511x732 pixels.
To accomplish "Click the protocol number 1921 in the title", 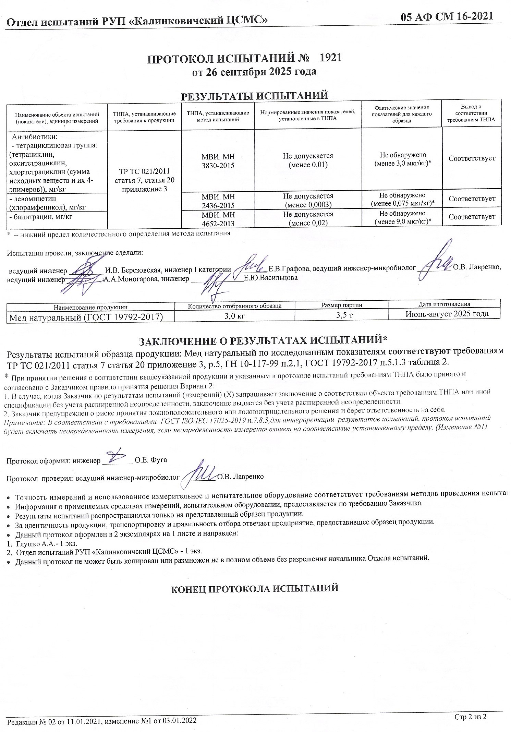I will pos(330,58).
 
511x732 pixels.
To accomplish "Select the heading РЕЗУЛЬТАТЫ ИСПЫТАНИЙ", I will pos(254,95).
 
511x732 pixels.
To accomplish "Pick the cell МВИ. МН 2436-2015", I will pos(218,201).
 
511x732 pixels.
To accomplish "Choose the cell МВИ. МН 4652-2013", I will pos(218,219).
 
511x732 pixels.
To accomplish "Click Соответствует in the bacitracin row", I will pos(472,217).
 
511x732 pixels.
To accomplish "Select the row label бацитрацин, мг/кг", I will pos(41,217).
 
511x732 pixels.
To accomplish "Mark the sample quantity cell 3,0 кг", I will pos(234,316).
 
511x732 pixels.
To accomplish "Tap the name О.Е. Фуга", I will pos(151,460).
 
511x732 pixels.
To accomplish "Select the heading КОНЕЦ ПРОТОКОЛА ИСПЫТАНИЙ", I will pos(255,588).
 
